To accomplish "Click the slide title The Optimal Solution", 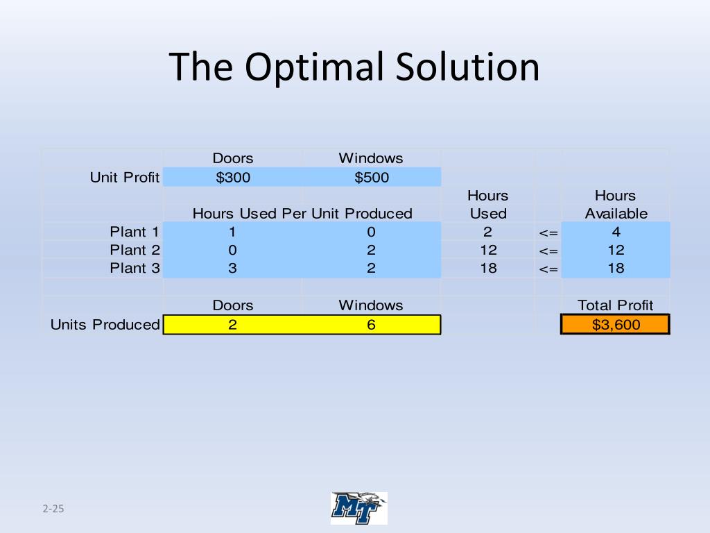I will pyautogui.click(x=354, y=67).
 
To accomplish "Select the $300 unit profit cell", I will pyautogui.click(x=233, y=178).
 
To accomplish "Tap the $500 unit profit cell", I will pyautogui.click(x=372, y=178).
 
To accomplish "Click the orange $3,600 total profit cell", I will pyautogui.click(x=616, y=325).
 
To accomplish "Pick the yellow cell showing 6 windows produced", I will pyautogui.click(x=372, y=325).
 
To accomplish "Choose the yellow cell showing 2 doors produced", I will pyautogui.click(x=233, y=325).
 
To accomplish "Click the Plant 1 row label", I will pyautogui.click(x=135, y=232).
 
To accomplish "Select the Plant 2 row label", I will pyautogui.click(x=135, y=250).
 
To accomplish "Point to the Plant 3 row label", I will pyautogui.click(x=135, y=268).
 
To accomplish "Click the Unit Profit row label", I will pyautogui.click(x=125, y=178).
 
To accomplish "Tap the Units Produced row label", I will pyautogui.click(x=105, y=325).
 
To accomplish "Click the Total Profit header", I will pyautogui.click(x=616, y=305).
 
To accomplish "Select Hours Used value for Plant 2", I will pyautogui.click(x=488, y=250).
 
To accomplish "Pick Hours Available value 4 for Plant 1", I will pyautogui.click(x=616, y=232).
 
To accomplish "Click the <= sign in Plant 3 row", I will pyautogui.click(x=548, y=269).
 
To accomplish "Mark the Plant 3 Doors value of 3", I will pyautogui.click(x=233, y=268).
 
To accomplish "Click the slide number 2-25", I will pyautogui.click(x=53, y=509).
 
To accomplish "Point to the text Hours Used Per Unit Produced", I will pyautogui.click(x=302, y=214).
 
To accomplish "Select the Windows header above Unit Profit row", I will pyautogui.click(x=371, y=158).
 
